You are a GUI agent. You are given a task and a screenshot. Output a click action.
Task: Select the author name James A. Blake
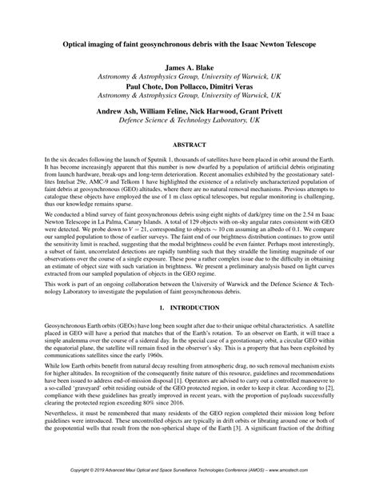(x=189, y=70)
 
